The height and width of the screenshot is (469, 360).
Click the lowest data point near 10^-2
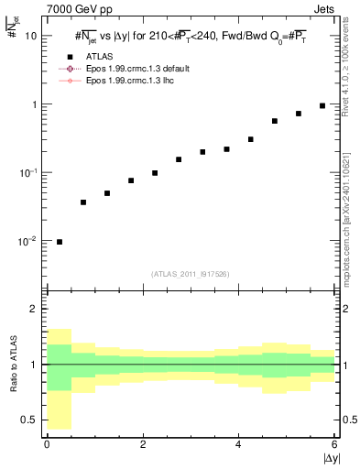60,242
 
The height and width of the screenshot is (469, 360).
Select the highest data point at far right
322,105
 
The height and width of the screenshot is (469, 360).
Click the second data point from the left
83,202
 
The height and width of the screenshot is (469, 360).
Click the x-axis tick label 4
238,444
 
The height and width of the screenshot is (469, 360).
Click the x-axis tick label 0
47,444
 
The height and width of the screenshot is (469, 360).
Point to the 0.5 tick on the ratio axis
31,420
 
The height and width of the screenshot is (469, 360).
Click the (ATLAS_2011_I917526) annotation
191,274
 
